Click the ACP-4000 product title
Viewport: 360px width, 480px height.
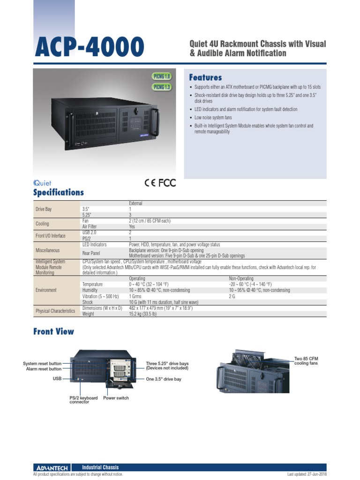pos(89,48)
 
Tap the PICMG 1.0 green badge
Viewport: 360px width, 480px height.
pos(162,76)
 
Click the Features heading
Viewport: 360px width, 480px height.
pos(205,77)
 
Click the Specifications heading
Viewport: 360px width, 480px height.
pos(59,192)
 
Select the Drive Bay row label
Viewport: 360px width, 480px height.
pos(44,209)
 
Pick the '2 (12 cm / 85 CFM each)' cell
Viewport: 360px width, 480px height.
pos(150,220)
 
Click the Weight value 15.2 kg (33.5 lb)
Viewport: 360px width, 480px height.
pos(142,314)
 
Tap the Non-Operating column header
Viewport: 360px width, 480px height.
pos(241,278)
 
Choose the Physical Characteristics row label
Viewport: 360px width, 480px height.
pos(55,311)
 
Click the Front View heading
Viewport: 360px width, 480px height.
pos(53,331)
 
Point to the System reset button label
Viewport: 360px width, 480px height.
pos(42,364)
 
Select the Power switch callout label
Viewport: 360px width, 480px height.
pos(116,398)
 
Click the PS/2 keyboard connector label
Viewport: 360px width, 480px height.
pos(83,400)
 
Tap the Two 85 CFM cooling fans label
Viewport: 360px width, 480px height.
pos(306,361)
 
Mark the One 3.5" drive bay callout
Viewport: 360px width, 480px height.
pos(163,379)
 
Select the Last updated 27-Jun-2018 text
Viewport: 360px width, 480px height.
pos(307,474)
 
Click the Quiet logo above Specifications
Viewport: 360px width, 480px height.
pos(42,183)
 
